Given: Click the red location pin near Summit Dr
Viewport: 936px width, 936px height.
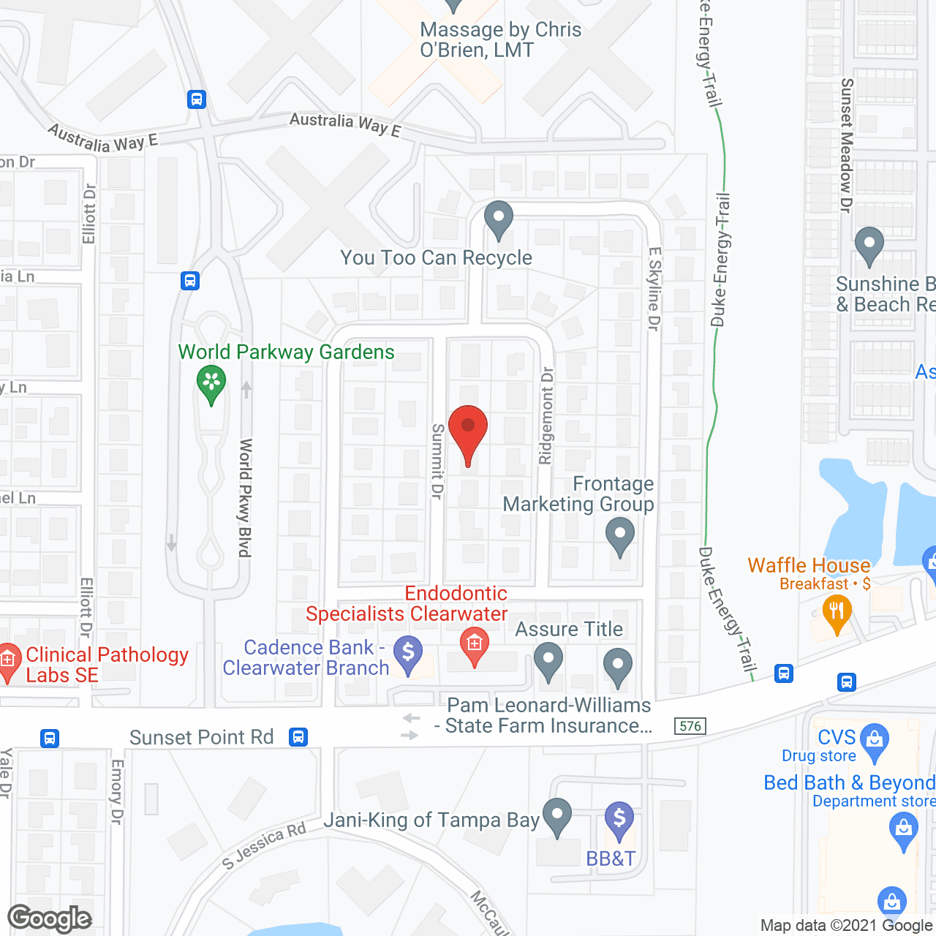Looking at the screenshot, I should (467, 431).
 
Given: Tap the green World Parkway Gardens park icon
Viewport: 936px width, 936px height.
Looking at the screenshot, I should (211, 384).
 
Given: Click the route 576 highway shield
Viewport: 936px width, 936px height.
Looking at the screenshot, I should (690, 726).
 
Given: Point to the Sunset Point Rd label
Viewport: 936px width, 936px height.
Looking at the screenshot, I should (201, 737).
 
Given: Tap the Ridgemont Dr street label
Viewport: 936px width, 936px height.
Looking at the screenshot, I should (546, 415).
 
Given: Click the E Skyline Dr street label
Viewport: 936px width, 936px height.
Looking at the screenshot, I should (654, 288).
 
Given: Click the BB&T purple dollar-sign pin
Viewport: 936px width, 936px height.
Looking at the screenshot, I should (619, 820).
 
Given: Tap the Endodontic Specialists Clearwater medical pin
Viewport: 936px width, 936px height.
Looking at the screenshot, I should (474, 646).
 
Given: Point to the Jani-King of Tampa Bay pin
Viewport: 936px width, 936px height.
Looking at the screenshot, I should (557, 817).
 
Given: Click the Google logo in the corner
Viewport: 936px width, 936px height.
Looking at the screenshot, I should (50, 918).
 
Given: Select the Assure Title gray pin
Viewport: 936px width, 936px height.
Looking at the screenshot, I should (548, 663).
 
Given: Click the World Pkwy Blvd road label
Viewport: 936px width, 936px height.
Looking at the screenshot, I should (246, 497).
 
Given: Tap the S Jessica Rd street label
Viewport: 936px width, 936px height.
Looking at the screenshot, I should (264, 845).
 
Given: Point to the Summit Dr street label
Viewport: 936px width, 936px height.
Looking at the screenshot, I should (437, 461).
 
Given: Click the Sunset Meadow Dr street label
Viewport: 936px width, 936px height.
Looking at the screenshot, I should (846, 146).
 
